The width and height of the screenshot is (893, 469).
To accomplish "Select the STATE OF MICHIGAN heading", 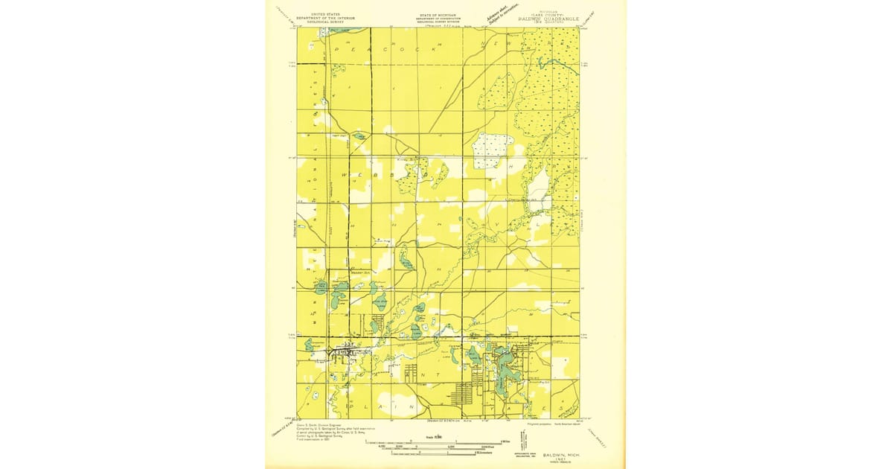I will pos(438,16).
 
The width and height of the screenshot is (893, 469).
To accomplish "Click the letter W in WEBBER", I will pos(343,173).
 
